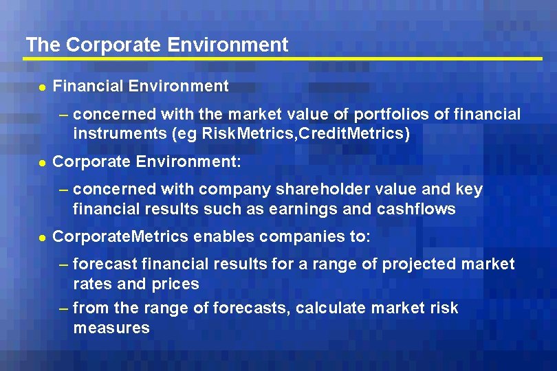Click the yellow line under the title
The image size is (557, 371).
(282, 59)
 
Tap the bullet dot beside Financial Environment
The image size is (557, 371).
(42, 87)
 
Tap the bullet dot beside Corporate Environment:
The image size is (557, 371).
(42, 163)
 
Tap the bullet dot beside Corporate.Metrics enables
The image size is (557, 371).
(42, 238)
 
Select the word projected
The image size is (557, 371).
(418, 264)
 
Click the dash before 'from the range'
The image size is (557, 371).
(64, 308)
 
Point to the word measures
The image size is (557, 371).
(111, 328)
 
